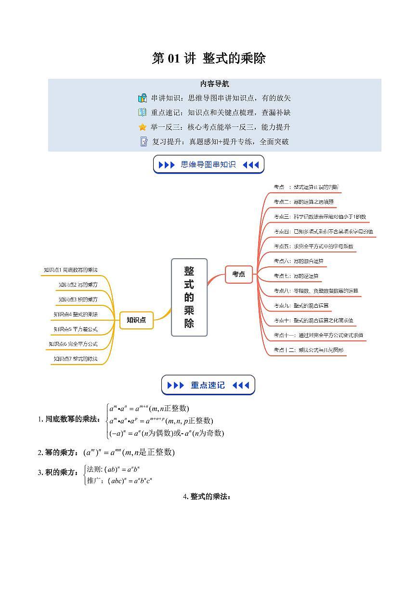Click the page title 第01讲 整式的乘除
click(x=209, y=59)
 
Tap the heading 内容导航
click(x=214, y=84)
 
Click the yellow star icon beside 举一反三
click(x=143, y=127)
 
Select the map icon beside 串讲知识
click(x=143, y=98)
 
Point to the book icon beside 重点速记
click(x=143, y=113)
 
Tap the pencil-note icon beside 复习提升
click(x=144, y=142)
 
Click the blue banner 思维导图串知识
click(x=209, y=164)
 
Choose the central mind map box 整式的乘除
click(x=189, y=297)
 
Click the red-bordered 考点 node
click(x=238, y=274)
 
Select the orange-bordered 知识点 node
click(x=136, y=320)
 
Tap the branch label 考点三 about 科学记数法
click(x=320, y=217)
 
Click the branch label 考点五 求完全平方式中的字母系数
click(x=313, y=246)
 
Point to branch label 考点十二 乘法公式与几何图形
click(x=309, y=350)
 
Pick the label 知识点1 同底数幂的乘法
click(x=74, y=270)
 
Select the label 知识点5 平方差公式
click(x=76, y=329)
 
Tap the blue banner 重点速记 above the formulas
click(x=208, y=385)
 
